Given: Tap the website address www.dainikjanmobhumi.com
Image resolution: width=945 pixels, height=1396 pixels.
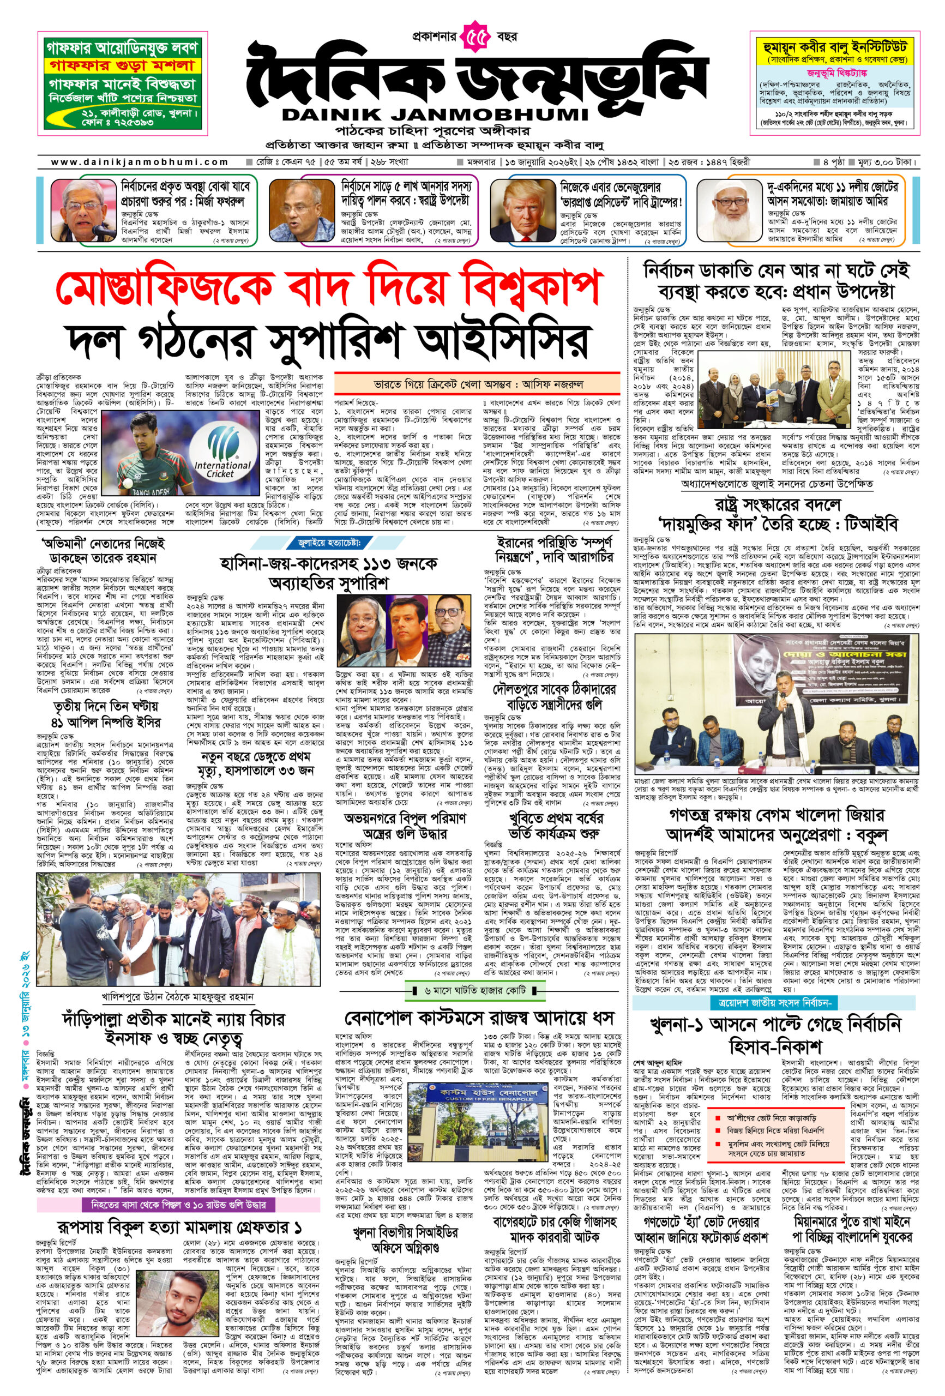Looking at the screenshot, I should (x=140, y=161).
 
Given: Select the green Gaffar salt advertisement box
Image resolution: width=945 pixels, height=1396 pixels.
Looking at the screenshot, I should (x=125, y=83).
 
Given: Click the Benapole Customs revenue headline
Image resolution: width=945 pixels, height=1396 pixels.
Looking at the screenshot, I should (x=479, y=1017).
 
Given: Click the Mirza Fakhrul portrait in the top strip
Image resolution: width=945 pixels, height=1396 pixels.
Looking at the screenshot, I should (x=83, y=209).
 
